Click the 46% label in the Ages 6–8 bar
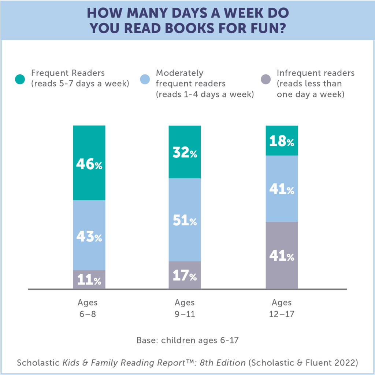(x=89, y=164)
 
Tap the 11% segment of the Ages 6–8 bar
(x=89, y=280)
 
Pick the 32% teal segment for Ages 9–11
(x=185, y=153)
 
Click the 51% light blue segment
(x=185, y=221)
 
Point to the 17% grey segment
(x=185, y=276)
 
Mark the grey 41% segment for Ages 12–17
(x=282, y=256)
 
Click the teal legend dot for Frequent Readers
(x=20, y=79)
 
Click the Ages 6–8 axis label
(x=88, y=308)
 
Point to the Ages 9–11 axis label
(x=185, y=308)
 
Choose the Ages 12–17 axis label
(x=282, y=308)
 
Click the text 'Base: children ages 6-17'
(x=187, y=340)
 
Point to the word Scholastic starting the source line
(x=38, y=363)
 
